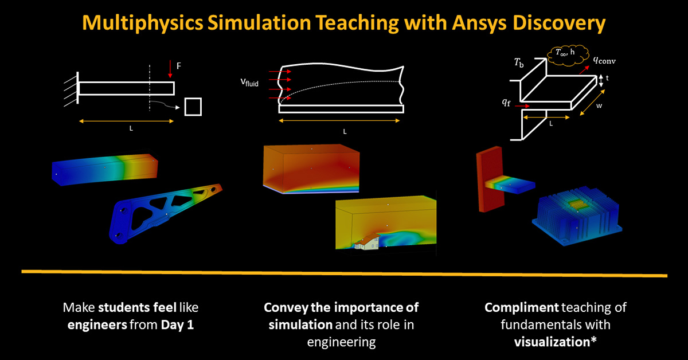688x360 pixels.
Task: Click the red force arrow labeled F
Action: [170, 69]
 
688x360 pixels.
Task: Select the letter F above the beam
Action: [179, 66]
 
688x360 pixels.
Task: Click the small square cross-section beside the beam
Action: [193, 107]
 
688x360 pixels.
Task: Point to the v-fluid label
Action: [249, 83]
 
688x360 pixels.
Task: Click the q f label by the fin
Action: [505, 103]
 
